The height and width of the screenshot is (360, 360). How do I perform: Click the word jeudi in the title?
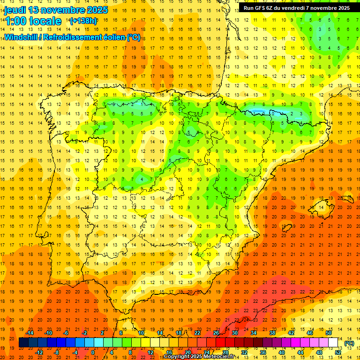pos(15,10)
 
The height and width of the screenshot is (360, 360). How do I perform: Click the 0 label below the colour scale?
pos(93,352)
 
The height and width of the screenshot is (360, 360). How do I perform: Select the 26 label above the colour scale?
pos(216,333)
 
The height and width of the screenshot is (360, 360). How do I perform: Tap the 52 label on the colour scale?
pos(338,352)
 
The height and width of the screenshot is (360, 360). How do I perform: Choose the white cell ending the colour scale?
pos(333,343)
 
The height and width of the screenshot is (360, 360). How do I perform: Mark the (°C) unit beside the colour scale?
pos(349,343)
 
